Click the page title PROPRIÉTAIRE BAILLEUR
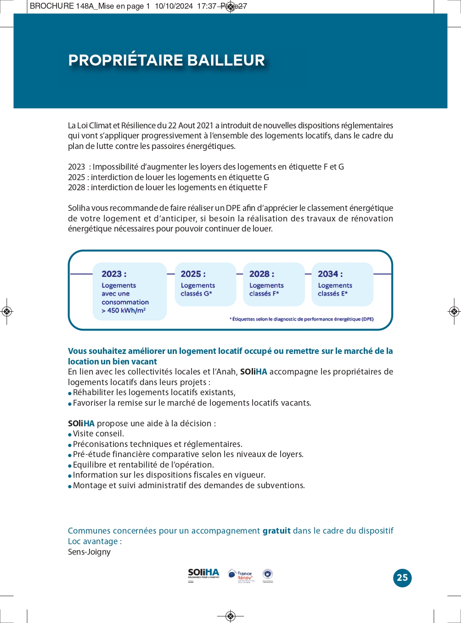[x=167, y=61]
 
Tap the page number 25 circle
[x=402, y=578]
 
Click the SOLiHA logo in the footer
[x=203, y=574]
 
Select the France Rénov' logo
[x=241, y=575]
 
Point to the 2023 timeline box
[x=129, y=291]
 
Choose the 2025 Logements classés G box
[x=205, y=284]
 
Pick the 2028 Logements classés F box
[x=274, y=284]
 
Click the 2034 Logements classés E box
[x=342, y=284]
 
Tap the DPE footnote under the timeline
[x=301, y=319]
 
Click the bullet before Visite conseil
[x=70, y=435]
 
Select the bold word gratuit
[x=276, y=531]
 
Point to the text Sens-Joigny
[x=89, y=552]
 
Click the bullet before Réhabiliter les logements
[x=70, y=393]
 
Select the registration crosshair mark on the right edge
[x=454, y=312]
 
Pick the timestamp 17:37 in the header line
[x=207, y=6]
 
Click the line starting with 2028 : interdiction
[x=168, y=187]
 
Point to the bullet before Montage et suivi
[x=70, y=486]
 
